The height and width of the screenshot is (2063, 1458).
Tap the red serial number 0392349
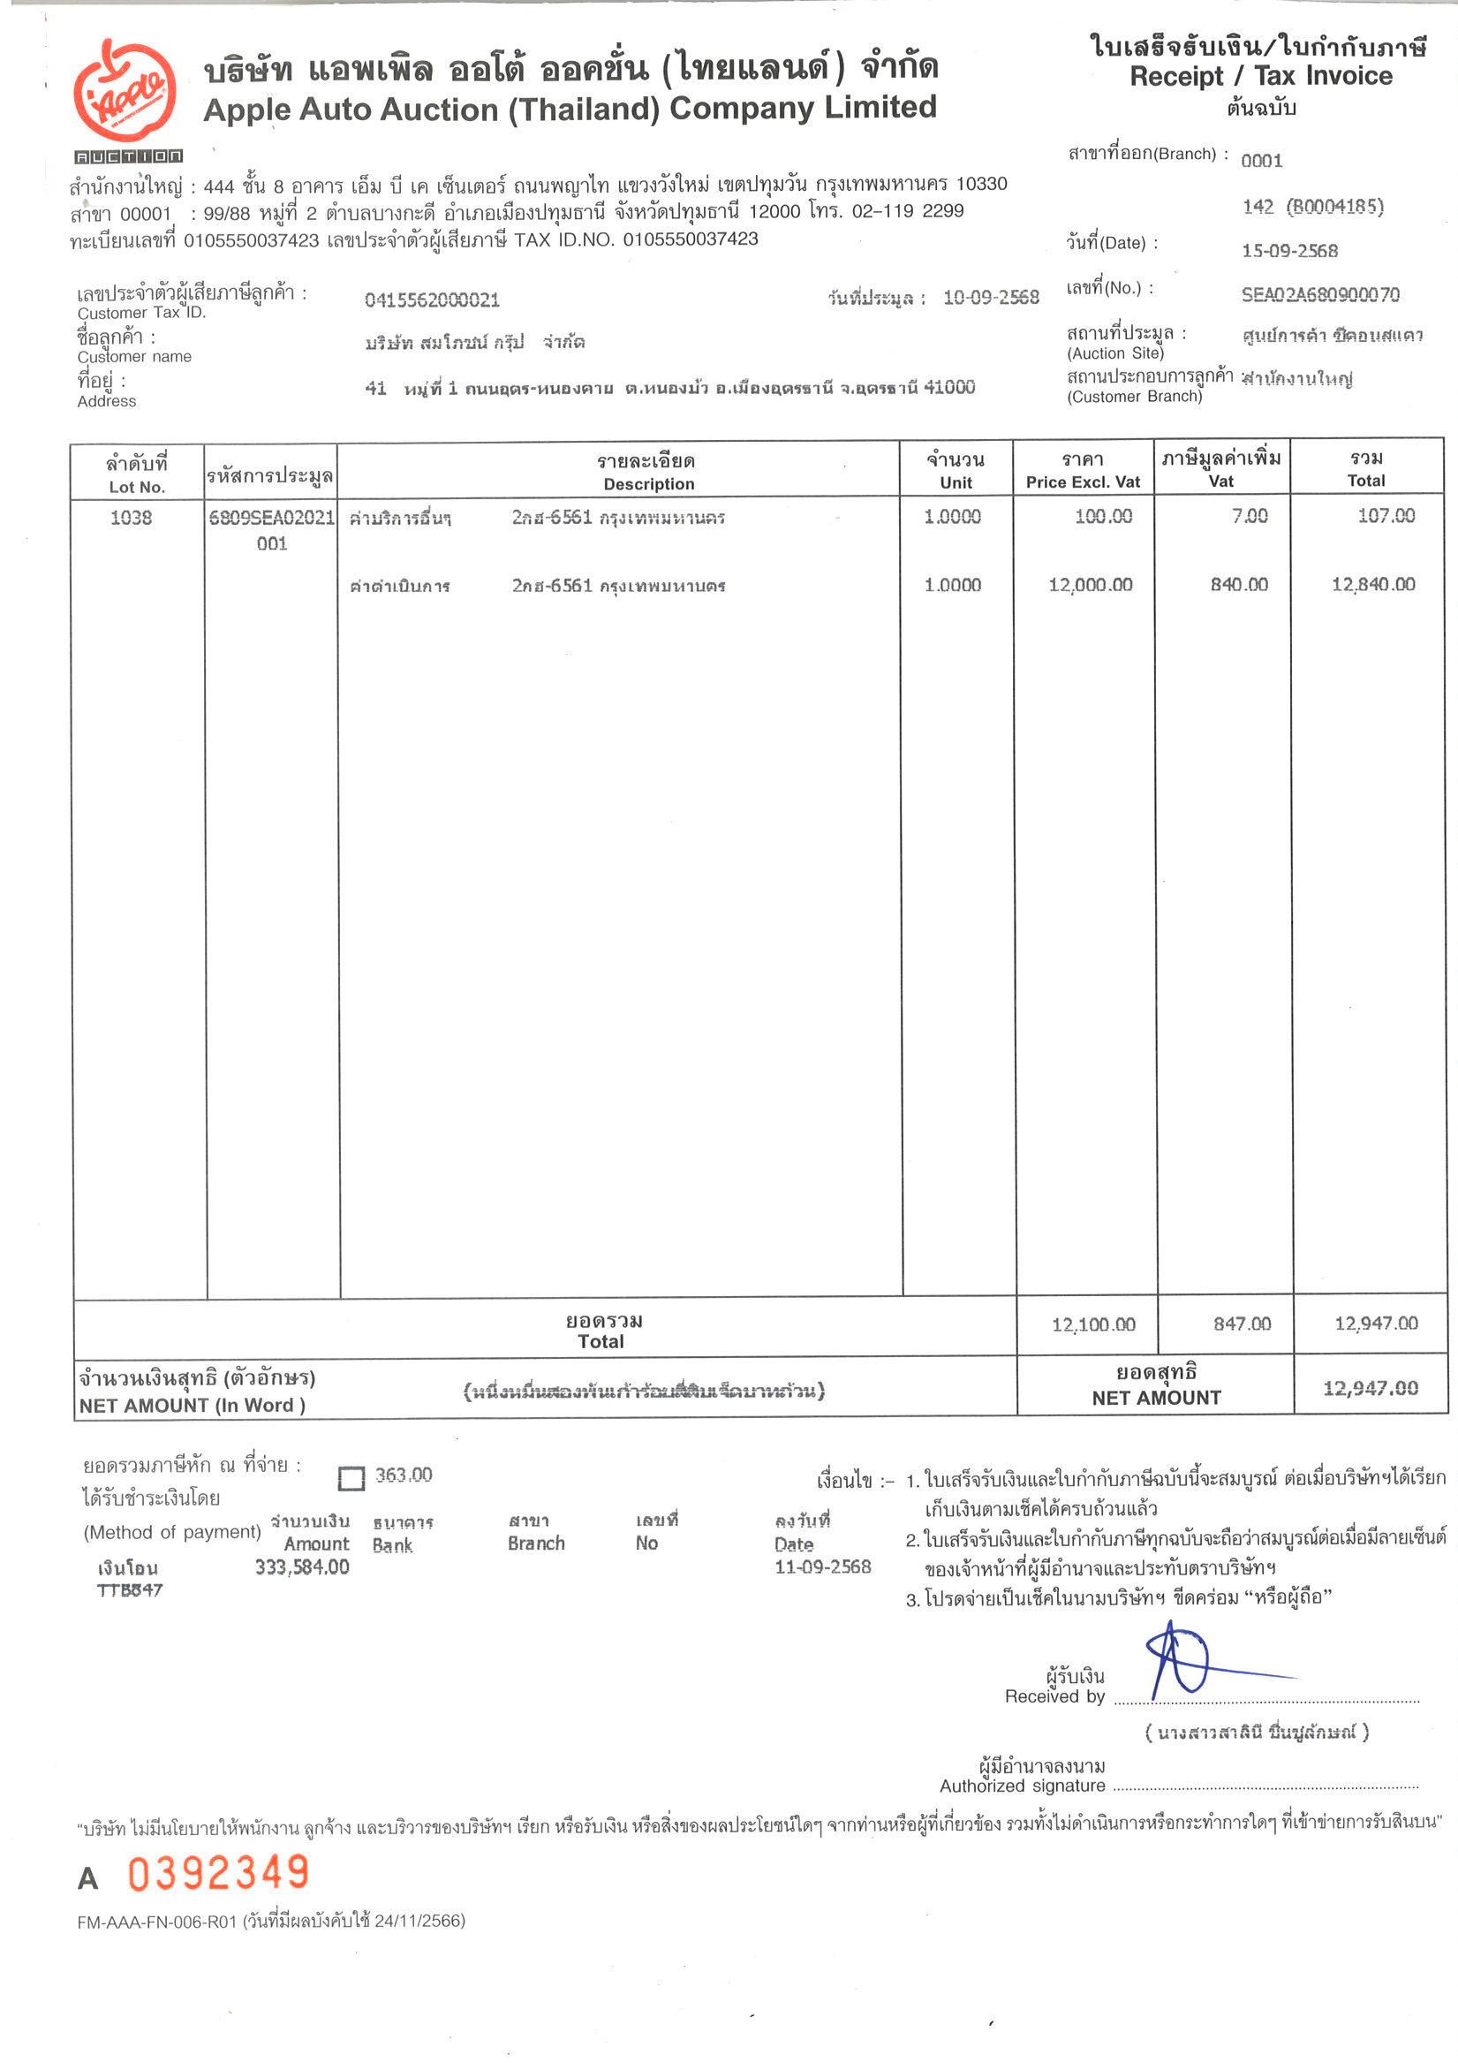(218, 1873)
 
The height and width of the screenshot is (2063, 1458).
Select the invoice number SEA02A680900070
(1319, 295)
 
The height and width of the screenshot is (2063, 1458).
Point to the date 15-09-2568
(1289, 251)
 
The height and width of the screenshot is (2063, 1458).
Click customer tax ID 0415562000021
(431, 300)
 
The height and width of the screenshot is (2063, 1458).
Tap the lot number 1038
(132, 518)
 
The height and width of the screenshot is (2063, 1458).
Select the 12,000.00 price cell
(1090, 585)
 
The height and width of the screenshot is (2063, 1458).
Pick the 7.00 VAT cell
(1249, 516)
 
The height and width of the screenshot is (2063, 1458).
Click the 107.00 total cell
(1386, 516)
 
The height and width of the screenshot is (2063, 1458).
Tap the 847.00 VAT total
(1242, 1324)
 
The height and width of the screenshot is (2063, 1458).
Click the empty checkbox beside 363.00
(351, 1478)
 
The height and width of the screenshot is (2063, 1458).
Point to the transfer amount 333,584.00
(302, 1567)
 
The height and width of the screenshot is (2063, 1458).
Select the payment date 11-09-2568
(822, 1567)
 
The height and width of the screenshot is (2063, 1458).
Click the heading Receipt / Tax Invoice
(1260, 76)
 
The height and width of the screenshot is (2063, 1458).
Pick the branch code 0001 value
(1261, 161)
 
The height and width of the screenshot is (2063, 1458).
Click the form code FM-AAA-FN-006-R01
(157, 1921)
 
